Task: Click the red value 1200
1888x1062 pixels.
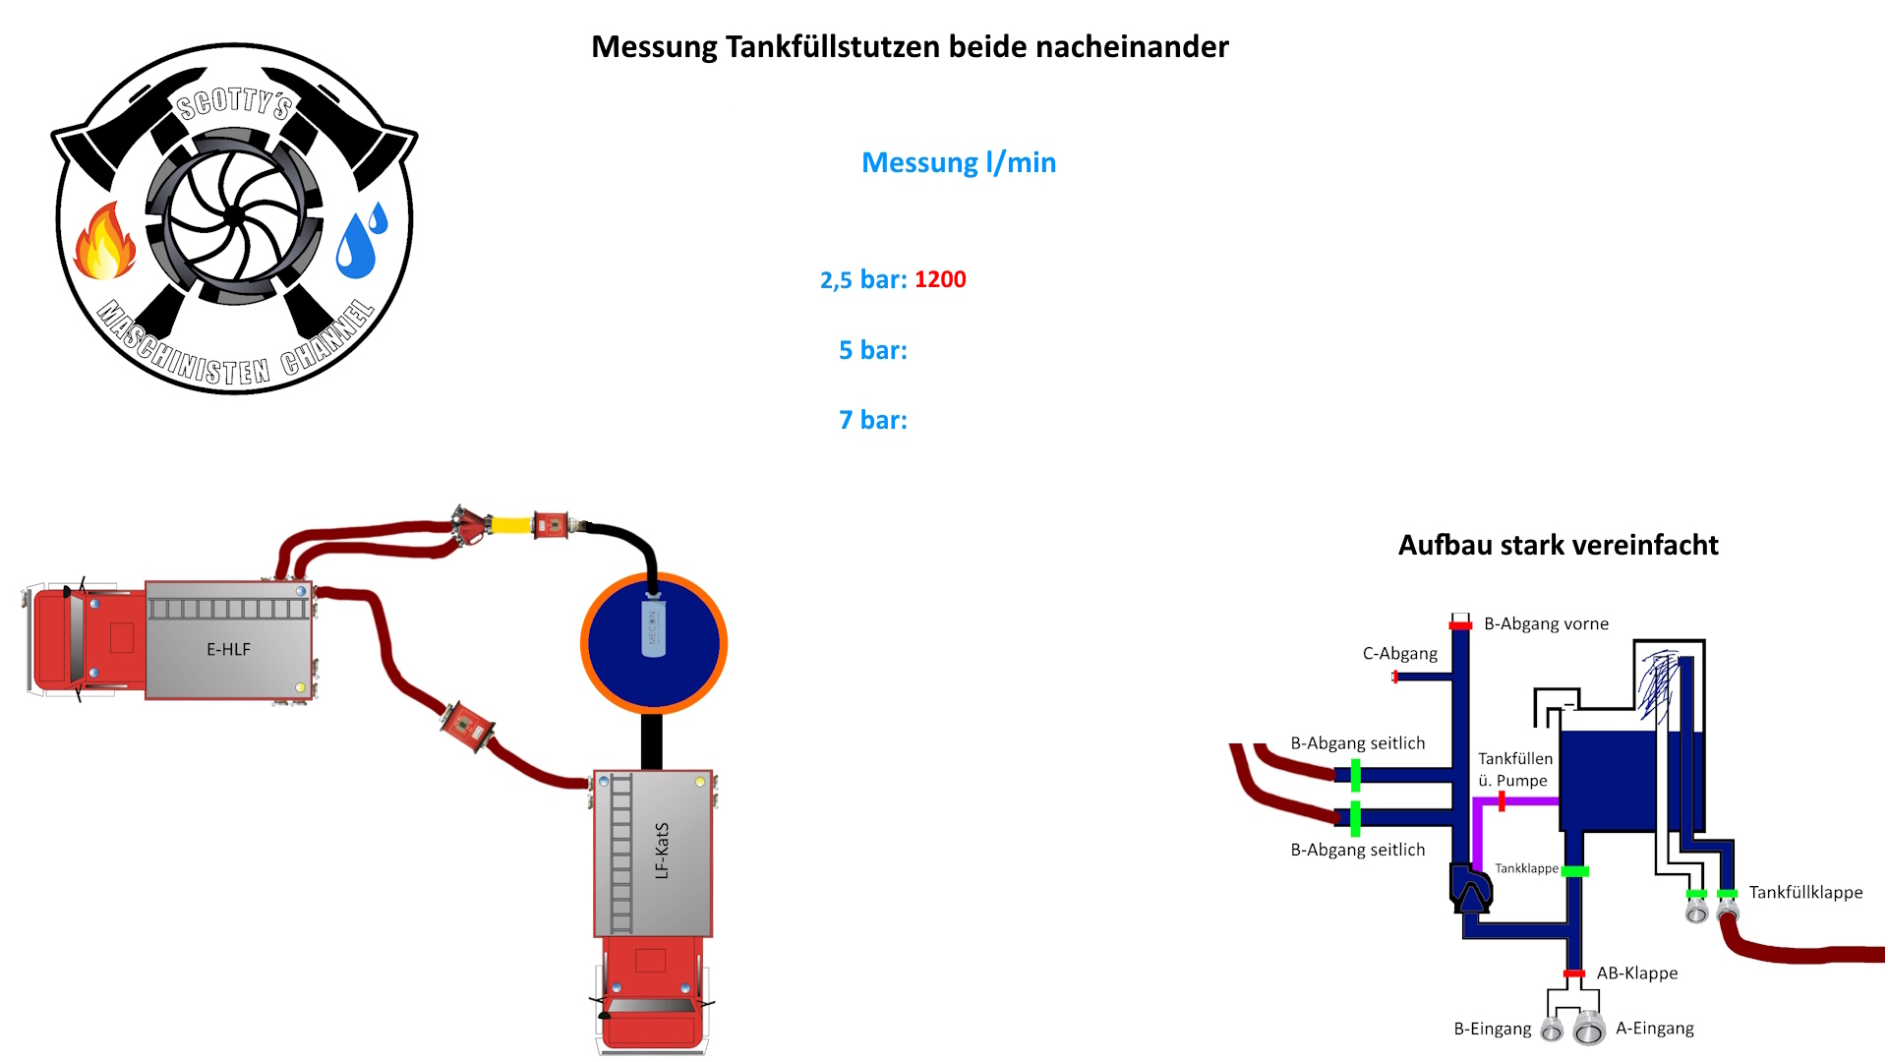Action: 940,280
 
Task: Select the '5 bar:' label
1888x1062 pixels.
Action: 872,351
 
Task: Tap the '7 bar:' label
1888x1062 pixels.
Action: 872,421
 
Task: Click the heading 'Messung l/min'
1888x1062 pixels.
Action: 959,162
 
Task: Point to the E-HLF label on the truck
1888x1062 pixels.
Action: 228,650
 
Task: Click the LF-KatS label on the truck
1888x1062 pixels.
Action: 662,851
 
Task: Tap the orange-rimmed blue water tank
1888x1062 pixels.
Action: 688,669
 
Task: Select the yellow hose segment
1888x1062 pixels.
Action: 510,525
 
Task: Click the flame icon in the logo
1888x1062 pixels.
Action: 105,242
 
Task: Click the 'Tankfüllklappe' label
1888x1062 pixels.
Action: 1805,893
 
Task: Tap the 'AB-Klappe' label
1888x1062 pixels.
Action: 1637,973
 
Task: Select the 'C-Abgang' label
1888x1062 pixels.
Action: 1399,654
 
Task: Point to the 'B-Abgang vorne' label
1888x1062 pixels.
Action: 1546,624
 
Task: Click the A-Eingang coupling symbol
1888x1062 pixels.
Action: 1589,1030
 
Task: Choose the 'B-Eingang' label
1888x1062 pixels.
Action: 1492,1030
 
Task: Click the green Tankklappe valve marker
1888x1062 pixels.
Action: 1575,871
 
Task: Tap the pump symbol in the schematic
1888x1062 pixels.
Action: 1471,889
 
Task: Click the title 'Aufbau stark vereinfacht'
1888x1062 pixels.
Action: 1558,546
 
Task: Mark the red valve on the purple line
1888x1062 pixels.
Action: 1502,801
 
